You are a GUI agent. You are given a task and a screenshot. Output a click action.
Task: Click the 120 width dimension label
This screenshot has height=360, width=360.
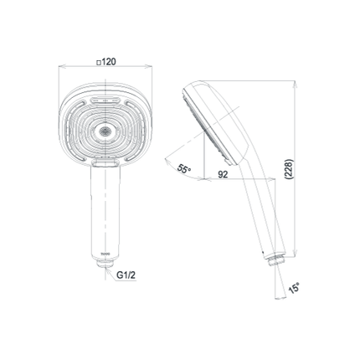pyautogui.click(x=108, y=62)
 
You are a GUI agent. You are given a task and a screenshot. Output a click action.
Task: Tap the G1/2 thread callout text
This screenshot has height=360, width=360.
pyautogui.click(x=126, y=275)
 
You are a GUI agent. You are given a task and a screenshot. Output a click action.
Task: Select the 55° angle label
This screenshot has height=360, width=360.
pyautogui.click(x=184, y=169)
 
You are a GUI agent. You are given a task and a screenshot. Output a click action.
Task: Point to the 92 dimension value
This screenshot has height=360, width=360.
pyautogui.click(x=223, y=174)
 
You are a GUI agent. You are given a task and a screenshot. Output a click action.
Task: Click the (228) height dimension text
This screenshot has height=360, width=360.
pyautogui.click(x=290, y=169)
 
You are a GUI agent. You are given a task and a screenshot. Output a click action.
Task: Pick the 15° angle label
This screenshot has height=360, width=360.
pyautogui.click(x=294, y=288)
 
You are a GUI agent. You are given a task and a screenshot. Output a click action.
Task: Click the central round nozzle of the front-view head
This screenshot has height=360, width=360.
pyautogui.click(x=105, y=131)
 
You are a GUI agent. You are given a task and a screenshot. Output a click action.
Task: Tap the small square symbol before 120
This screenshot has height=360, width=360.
pyautogui.click(x=98, y=63)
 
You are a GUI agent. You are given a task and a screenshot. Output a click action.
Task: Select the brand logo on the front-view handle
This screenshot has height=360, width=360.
pyautogui.click(x=105, y=255)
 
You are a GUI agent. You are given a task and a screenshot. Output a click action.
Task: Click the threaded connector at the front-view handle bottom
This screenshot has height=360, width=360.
pyautogui.click(x=105, y=264)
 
